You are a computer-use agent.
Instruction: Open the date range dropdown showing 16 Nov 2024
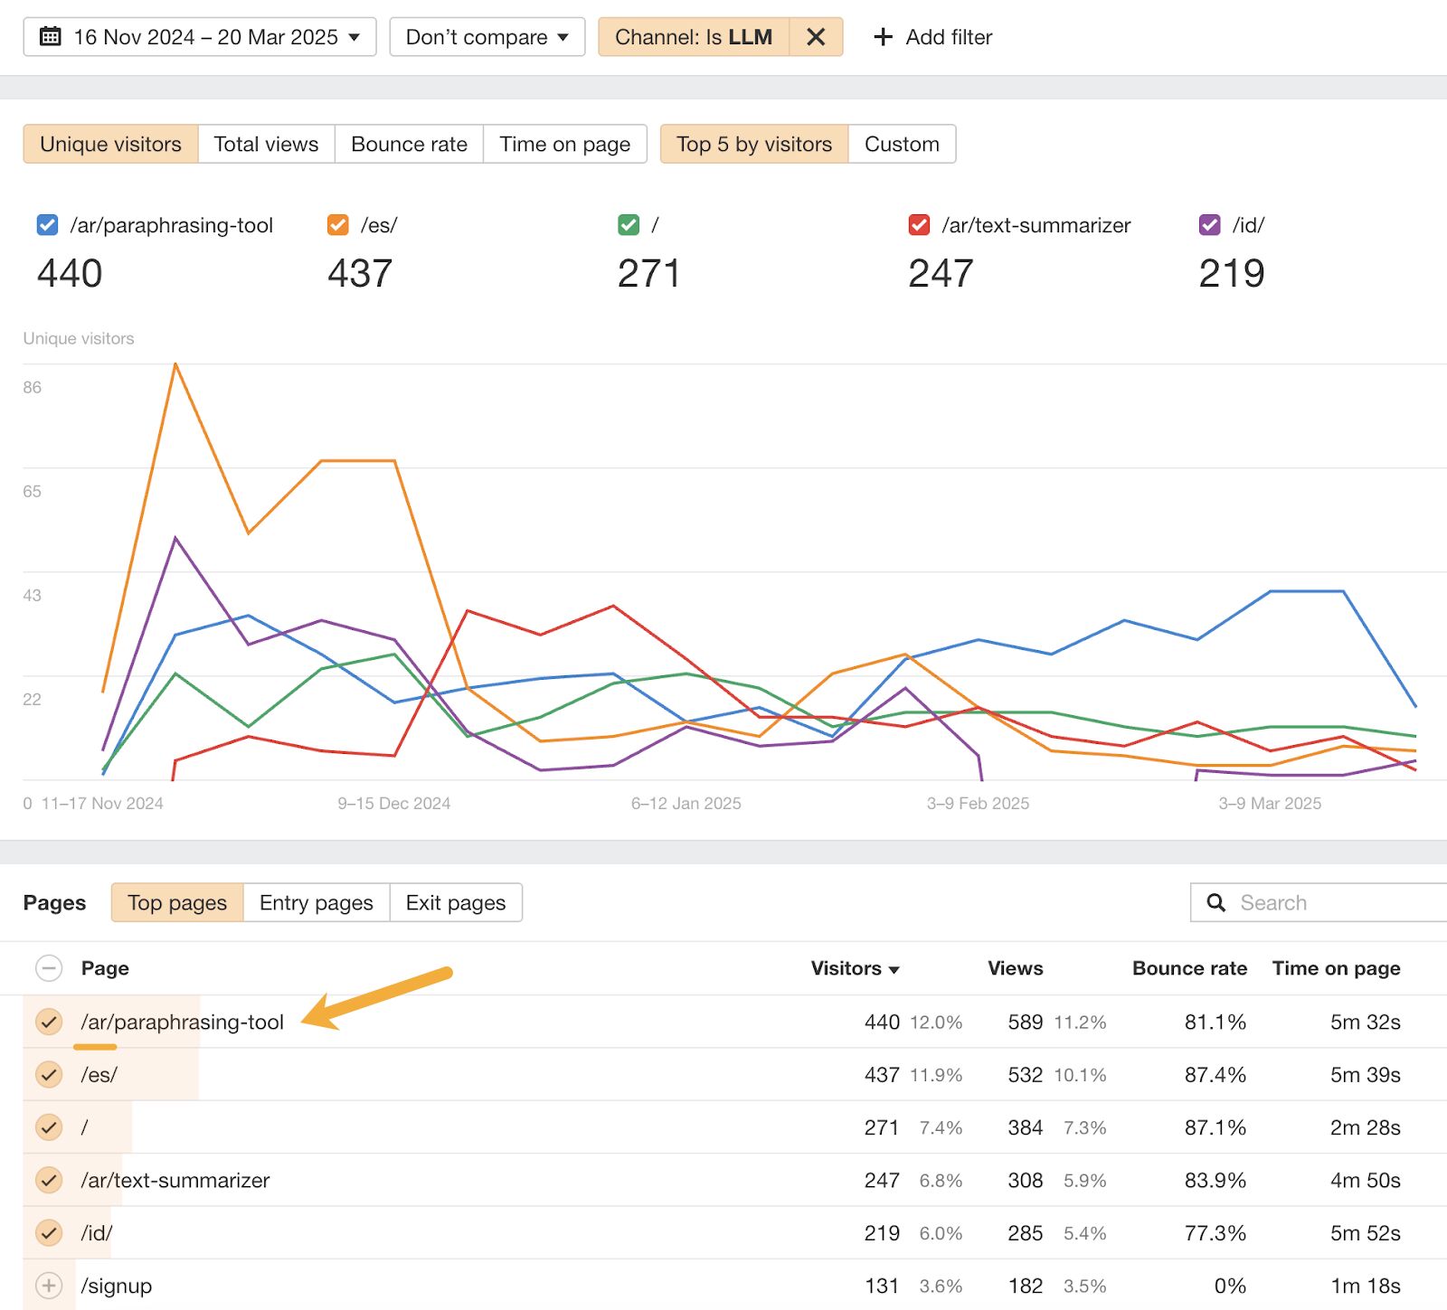point(199,37)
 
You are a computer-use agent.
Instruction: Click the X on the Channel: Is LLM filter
point(815,37)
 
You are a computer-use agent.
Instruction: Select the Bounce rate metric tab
point(409,144)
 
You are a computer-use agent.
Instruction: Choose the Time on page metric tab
point(564,144)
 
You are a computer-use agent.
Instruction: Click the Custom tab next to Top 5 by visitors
point(901,144)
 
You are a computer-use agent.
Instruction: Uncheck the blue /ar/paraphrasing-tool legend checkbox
point(47,225)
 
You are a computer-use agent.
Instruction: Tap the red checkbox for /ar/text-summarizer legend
point(919,225)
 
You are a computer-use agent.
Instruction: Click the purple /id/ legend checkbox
point(1209,225)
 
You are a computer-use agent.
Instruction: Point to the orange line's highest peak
point(175,364)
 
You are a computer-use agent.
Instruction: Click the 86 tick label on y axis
point(33,388)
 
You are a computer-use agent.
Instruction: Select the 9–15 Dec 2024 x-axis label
point(393,803)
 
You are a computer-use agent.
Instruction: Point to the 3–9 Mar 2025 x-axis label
point(1270,803)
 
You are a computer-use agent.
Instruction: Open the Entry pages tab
point(316,902)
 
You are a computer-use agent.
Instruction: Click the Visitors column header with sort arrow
point(854,968)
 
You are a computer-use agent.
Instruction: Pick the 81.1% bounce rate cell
point(1215,1022)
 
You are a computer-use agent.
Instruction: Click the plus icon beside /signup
point(49,1286)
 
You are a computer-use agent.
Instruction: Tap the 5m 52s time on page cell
point(1364,1233)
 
